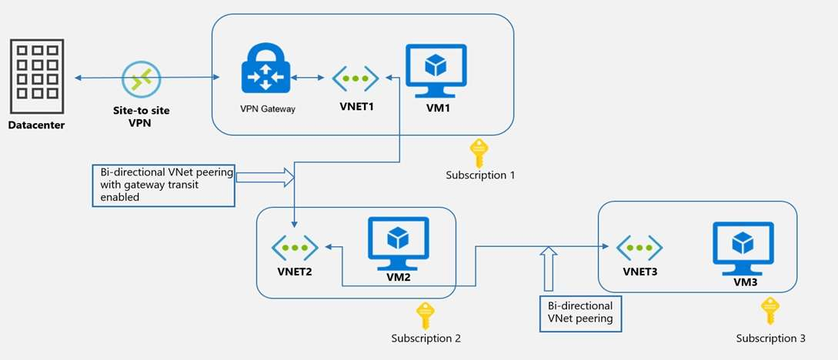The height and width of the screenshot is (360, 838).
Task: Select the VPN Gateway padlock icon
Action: click(x=265, y=71)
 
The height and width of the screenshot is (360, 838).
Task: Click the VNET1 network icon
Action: click(x=355, y=78)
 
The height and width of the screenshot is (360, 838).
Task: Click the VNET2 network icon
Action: click(x=294, y=248)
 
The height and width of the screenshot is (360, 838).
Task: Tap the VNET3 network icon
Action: click(x=639, y=248)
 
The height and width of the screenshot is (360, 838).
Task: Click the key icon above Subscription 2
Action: click(x=424, y=315)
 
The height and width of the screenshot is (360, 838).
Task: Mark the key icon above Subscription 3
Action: click(x=768, y=311)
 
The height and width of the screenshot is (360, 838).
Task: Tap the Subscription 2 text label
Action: click(x=426, y=338)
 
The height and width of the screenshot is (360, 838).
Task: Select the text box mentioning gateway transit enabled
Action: click(x=163, y=185)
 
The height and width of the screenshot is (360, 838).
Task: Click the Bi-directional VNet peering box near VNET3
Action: click(x=580, y=312)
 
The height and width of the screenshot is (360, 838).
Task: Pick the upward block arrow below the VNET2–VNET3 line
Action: click(x=548, y=269)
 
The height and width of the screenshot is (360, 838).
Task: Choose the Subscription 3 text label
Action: click(x=770, y=338)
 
